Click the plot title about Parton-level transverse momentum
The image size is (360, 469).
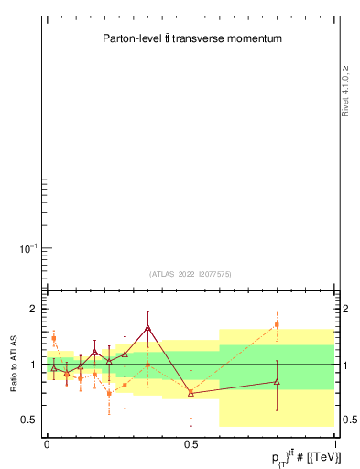tap(191, 39)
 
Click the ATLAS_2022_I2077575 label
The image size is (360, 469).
tap(190, 273)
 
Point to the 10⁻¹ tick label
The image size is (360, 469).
tap(29, 248)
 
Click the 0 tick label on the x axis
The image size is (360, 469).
tap(47, 443)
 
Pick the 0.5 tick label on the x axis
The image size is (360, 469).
tap(191, 443)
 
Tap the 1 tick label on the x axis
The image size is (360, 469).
tap(334, 443)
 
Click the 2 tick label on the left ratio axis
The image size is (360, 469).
tap(33, 309)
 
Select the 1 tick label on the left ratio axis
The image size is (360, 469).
tap(33, 365)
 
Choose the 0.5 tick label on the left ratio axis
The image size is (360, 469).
tap(29, 420)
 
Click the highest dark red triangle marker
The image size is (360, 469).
tap(147, 327)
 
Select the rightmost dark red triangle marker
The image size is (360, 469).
tap(277, 381)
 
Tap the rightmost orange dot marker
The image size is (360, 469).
tap(277, 324)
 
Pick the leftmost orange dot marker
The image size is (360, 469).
tap(54, 338)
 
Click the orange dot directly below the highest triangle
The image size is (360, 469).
tap(147, 365)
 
